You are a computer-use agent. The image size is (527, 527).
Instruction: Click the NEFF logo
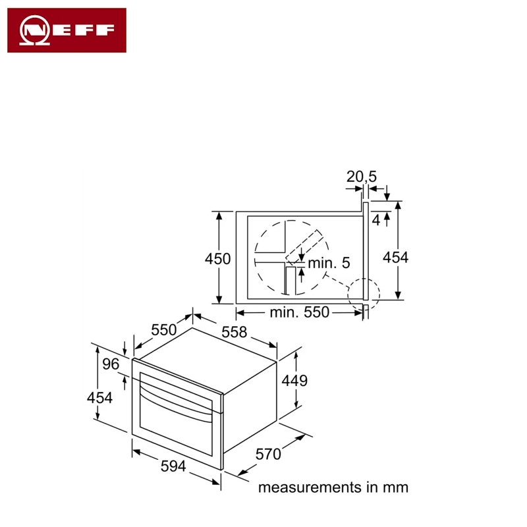(x=67, y=30)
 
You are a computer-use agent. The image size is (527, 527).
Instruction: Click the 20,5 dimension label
(x=362, y=177)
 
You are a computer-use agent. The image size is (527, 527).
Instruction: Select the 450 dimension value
(x=218, y=259)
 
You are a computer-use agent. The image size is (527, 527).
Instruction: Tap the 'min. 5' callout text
(x=329, y=263)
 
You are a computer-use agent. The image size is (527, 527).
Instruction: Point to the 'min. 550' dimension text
(x=300, y=312)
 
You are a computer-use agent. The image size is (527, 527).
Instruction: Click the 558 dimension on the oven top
(x=235, y=332)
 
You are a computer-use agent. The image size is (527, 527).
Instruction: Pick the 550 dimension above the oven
(x=163, y=330)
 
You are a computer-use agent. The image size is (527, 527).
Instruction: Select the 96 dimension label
(x=111, y=364)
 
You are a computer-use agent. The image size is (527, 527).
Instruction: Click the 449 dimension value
(x=294, y=381)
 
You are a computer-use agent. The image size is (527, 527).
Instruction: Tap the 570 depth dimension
(x=268, y=454)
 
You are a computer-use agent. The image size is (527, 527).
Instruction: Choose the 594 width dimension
(x=173, y=466)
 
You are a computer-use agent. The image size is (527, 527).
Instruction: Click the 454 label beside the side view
(x=396, y=258)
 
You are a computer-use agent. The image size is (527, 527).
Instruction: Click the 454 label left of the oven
(x=99, y=398)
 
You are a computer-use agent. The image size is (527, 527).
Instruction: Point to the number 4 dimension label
(x=376, y=221)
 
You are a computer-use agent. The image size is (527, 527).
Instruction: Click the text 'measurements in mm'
(x=333, y=487)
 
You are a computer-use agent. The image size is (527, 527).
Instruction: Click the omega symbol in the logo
(x=35, y=30)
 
